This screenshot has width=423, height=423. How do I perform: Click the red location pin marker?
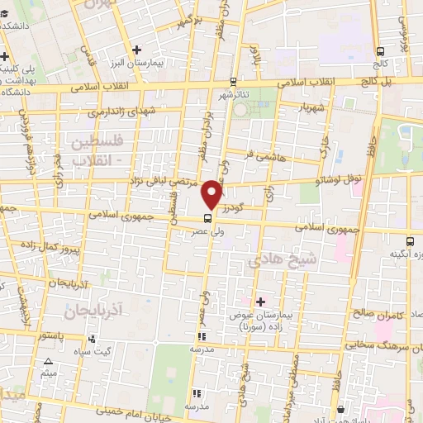point(212,193)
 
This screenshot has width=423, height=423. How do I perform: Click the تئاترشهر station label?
point(233,93)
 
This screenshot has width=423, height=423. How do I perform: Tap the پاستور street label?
point(51,337)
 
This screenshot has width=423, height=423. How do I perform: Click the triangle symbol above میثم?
point(48,361)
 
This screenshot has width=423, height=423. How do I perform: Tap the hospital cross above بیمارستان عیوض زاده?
point(261,302)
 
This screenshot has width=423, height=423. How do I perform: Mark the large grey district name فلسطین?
point(98,142)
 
